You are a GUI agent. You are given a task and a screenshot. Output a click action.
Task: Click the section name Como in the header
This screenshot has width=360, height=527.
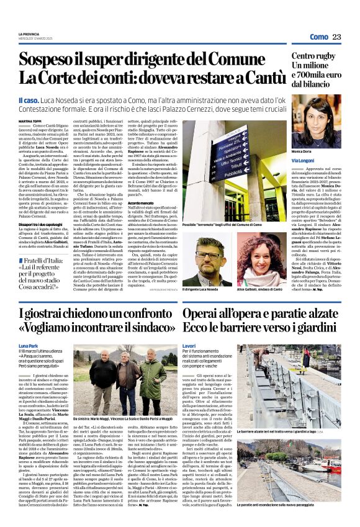click(318, 37)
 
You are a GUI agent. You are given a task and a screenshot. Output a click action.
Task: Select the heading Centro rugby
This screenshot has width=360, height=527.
click(315, 56)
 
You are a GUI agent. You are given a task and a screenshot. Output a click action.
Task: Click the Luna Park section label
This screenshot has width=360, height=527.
click(29, 345)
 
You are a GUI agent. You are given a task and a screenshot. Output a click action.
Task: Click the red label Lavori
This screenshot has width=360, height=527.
click(189, 345)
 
